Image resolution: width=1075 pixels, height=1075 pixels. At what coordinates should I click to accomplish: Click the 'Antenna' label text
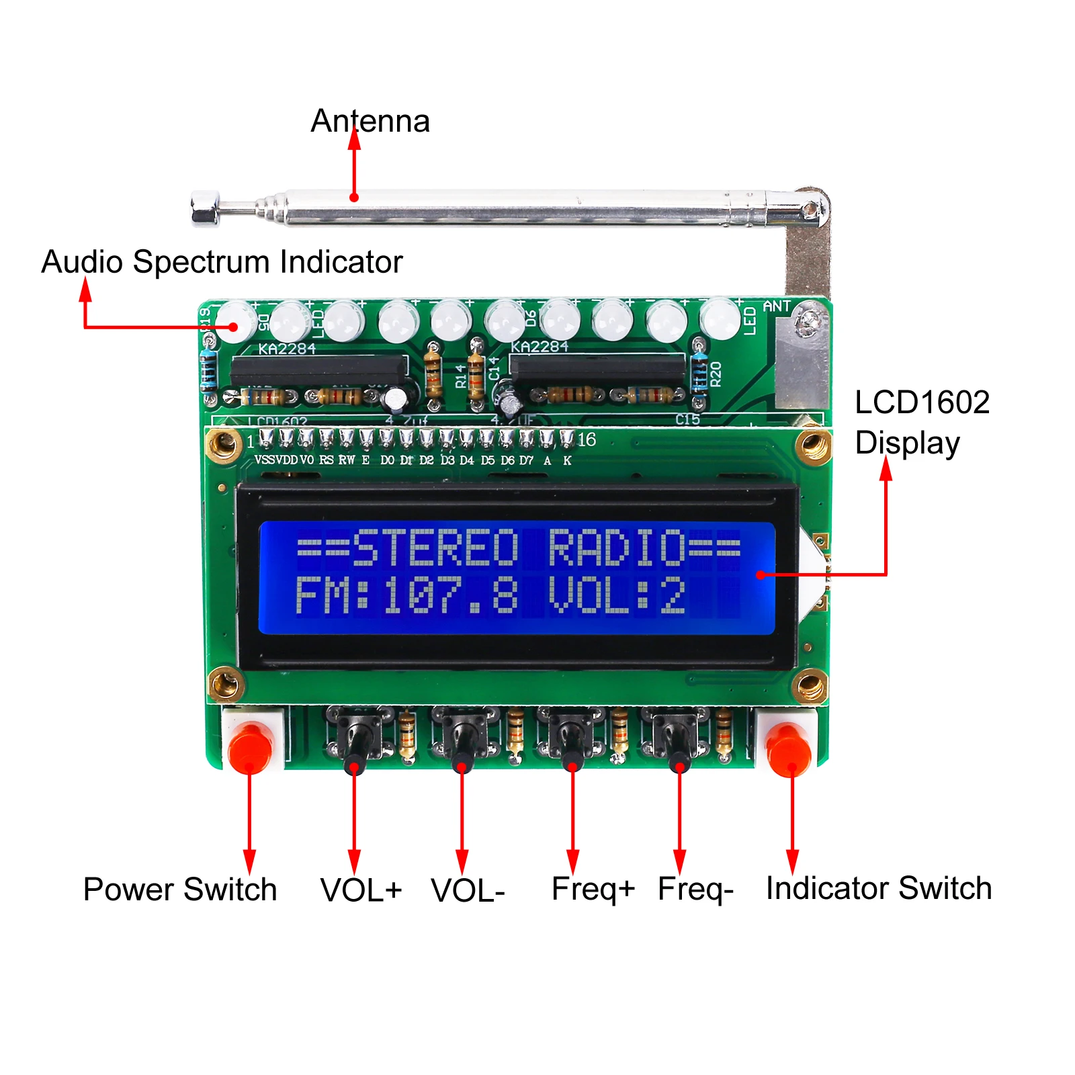click(x=370, y=122)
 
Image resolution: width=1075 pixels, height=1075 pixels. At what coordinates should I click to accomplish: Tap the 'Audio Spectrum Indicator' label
click(x=222, y=262)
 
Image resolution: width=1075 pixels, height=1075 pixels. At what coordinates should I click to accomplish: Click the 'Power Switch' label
click(x=179, y=890)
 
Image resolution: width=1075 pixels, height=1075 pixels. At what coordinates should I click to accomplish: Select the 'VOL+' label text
click(x=361, y=890)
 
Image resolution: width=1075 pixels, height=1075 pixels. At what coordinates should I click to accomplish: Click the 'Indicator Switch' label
click(x=878, y=888)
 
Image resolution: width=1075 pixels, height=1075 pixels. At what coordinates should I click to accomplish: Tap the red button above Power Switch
click(x=250, y=747)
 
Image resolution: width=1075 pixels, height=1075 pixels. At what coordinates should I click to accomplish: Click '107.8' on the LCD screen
click(x=451, y=596)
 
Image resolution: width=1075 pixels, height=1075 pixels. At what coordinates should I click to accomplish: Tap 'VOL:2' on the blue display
click(x=616, y=596)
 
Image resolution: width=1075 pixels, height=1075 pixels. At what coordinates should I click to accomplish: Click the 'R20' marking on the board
click(x=716, y=374)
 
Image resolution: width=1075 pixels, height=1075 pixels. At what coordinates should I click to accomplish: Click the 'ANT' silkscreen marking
click(x=776, y=306)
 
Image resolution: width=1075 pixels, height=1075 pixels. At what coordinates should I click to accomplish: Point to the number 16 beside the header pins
click(x=587, y=440)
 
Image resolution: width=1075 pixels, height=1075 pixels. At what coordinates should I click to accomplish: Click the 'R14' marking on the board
click(x=460, y=376)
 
